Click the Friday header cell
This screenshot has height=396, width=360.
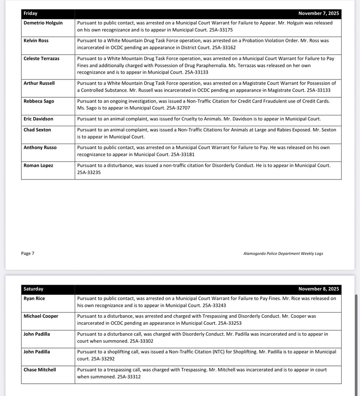pos(31,14)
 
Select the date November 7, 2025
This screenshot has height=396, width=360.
pos(319,14)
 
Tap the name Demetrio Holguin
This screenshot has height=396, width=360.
pos(43,23)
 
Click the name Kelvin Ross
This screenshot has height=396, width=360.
pos(36,41)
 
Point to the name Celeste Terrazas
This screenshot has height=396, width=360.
pos(41,59)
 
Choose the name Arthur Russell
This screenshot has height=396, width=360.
pos(39,83)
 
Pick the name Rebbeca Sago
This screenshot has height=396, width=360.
pos(39,101)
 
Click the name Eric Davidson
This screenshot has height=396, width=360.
pos(38,119)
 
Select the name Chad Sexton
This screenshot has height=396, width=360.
pos(37,130)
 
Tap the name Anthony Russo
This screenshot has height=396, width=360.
pos(40,148)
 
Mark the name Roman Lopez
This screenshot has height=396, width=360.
pos(38,165)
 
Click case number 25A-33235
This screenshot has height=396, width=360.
pos(89,172)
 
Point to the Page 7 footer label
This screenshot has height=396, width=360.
pos(27,253)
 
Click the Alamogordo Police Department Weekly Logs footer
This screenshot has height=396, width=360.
pos(283,253)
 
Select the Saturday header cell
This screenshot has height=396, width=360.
pos(34,289)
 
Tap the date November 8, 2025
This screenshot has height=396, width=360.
pos(319,289)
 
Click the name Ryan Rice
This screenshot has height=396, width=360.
pos(34,299)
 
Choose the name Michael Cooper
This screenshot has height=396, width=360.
pos(41,316)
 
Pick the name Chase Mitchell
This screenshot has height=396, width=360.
pos(40,370)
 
